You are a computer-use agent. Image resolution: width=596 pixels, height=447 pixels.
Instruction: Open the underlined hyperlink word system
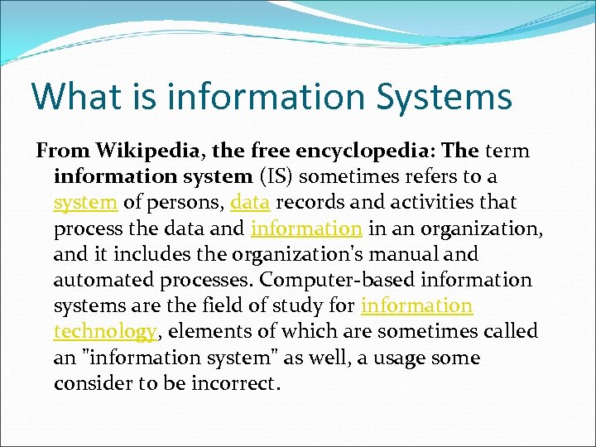tap(84, 203)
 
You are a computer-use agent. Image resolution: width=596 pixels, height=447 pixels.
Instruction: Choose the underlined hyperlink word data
tap(250, 203)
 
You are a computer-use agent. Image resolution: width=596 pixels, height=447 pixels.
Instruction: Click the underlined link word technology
tap(105, 332)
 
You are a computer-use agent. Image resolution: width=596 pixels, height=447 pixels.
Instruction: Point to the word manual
tap(432, 255)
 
